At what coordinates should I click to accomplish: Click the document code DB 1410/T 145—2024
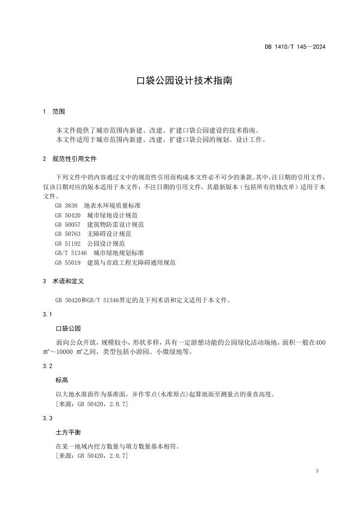point(295,47)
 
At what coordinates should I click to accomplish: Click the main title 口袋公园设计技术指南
point(184,80)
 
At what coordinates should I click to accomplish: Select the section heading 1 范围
point(53,111)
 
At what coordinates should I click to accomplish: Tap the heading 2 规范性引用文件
point(70,159)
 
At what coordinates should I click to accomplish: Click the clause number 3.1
point(47,315)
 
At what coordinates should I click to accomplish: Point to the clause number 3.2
point(47,367)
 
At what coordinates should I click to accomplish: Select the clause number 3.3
point(47,419)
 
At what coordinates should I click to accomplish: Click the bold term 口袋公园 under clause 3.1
point(68,329)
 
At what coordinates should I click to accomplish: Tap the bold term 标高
point(61,381)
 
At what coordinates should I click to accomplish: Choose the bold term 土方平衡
point(68,433)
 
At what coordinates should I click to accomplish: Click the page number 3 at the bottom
point(316,470)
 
